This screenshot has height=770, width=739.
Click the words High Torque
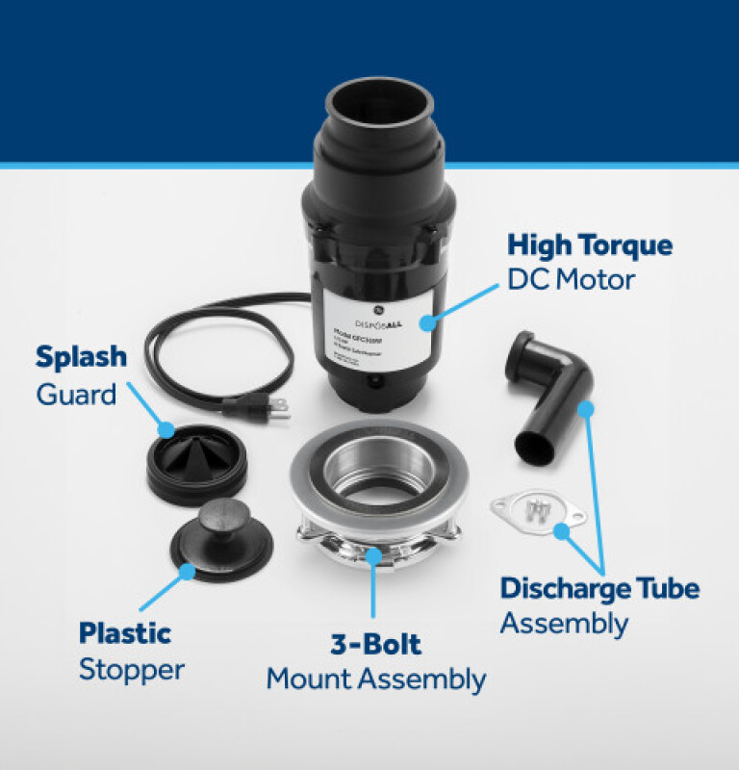(590, 244)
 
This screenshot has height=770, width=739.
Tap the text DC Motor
(572, 280)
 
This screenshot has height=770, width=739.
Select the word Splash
(81, 357)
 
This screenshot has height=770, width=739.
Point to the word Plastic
(125, 633)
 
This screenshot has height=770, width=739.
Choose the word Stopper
(131, 669)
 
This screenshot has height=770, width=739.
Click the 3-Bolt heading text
(375, 643)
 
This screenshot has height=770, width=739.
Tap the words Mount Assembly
(375, 679)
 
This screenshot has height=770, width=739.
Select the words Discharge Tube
(599, 587)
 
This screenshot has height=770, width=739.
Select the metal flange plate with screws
(538, 511)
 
